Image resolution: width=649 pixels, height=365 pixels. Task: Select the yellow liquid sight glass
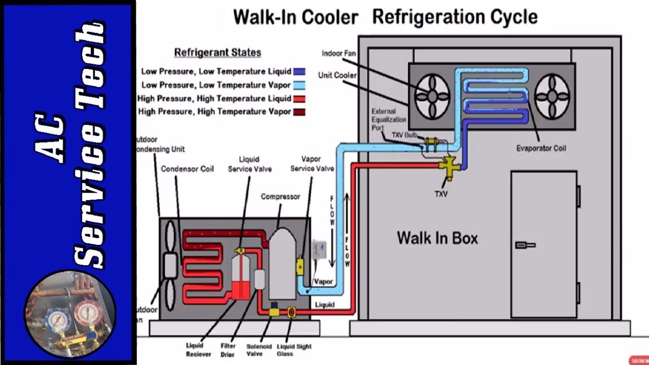click(x=292, y=312)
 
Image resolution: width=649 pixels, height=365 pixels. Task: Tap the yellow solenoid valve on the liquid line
click(x=274, y=311)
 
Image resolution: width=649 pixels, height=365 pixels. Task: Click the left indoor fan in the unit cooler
click(x=432, y=96)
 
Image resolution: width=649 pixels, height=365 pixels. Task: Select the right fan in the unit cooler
click(x=552, y=96)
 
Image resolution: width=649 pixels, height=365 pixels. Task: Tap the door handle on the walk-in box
click(x=525, y=245)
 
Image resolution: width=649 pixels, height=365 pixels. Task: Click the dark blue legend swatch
click(x=299, y=72)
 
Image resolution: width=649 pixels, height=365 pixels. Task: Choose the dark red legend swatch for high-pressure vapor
click(x=299, y=112)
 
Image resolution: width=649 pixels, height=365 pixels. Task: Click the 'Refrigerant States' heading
click(x=218, y=52)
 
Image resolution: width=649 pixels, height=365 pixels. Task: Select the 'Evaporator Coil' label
click(x=541, y=149)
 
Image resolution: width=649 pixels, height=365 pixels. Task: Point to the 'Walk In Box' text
click(x=437, y=238)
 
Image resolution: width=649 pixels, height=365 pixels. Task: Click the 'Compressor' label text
click(x=280, y=196)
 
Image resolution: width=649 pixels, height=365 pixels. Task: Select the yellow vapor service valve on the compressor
click(x=300, y=266)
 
